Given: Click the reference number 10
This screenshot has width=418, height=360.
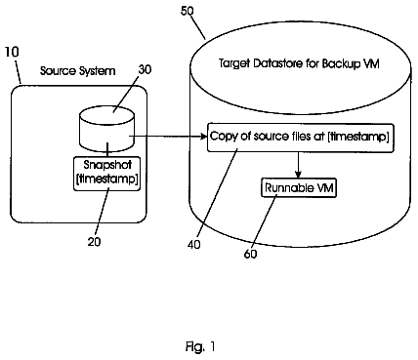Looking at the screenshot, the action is tap(12, 52).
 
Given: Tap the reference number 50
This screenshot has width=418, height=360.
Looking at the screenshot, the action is tap(188, 11).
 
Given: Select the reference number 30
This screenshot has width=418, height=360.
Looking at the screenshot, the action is tap(145, 69).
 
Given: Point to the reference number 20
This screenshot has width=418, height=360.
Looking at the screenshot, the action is tap(94, 241).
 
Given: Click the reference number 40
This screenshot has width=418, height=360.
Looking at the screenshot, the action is tap(194, 245).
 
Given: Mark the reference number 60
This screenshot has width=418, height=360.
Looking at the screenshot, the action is tap(250, 254).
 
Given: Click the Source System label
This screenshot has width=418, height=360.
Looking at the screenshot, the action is tap(78, 71).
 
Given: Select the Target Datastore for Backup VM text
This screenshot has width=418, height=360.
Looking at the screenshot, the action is tap(299, 63).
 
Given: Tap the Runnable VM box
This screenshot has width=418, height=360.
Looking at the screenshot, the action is tap(299, 187).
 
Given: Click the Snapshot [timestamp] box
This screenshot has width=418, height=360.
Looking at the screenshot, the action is tap(107, 174).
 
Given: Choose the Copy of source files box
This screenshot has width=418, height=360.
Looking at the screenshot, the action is tap(300, 138).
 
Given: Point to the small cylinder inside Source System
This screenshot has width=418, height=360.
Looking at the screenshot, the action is tap(106, 129).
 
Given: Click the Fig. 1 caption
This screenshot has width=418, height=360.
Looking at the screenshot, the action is tap(200, 346).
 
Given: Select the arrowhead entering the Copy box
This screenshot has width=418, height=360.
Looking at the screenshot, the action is tap(204, 137).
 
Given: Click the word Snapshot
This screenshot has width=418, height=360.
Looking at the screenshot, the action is tap(107, 165).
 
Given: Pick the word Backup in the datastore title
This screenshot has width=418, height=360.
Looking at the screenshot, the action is tap(341, 63).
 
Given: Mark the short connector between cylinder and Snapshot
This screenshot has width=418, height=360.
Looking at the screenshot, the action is tap(107, 149).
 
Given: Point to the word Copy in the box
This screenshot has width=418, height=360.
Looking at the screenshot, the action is tap(224, 137).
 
